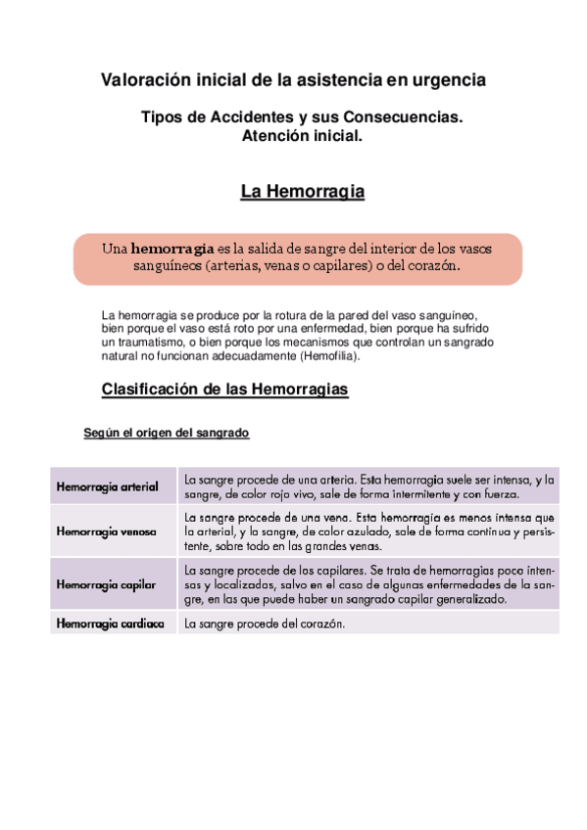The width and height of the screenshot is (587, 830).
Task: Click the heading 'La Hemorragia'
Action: click(x=302, y=193)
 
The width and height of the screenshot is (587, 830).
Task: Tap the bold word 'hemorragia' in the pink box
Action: click(x=172, y=249)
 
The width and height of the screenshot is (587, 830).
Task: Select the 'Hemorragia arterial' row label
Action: click(x=108, y=486)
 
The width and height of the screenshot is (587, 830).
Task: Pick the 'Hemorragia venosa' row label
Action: click(x=107, y=532)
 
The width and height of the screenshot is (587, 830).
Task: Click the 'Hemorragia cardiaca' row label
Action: click(x=110, y=623)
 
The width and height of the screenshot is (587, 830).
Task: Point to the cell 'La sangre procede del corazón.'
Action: click(x=266, y=623)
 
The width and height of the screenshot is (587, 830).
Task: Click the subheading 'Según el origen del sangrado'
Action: click(x=167, y=433)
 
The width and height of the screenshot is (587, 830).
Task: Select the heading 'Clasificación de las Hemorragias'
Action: click(x=225, y=390)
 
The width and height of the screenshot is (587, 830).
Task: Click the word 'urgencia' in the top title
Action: click(x=446, y=79)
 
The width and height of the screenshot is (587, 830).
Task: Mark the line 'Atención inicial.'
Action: click(x=302, y=137)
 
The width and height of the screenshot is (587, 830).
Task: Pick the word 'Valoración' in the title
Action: click(x=148, y=79)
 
